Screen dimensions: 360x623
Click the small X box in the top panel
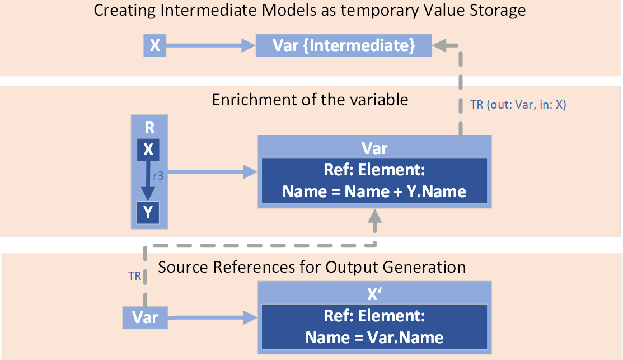[x=155, y=45]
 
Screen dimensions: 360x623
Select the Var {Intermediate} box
[x=344, y=45]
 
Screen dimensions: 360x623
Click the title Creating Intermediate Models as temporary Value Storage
[x=310, y=11]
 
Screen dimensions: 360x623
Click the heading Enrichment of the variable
[x=310, y=100]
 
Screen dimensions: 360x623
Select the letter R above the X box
[x=149, y=128]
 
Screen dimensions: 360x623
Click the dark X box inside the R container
[x=148, y=149]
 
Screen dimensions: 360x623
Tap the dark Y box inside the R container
[x=148, y=212]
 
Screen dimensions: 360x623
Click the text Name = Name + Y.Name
[x=374, y=191]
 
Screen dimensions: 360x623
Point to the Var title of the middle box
[x=374, y=148]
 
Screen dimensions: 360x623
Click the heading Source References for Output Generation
[x=312, y=267]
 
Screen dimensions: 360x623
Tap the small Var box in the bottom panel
[x=146, y=317]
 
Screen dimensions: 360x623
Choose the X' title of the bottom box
[x=374, y=294]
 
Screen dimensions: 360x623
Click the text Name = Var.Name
[x=374, y=338]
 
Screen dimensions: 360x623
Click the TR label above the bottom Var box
[x=134, y=277]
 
